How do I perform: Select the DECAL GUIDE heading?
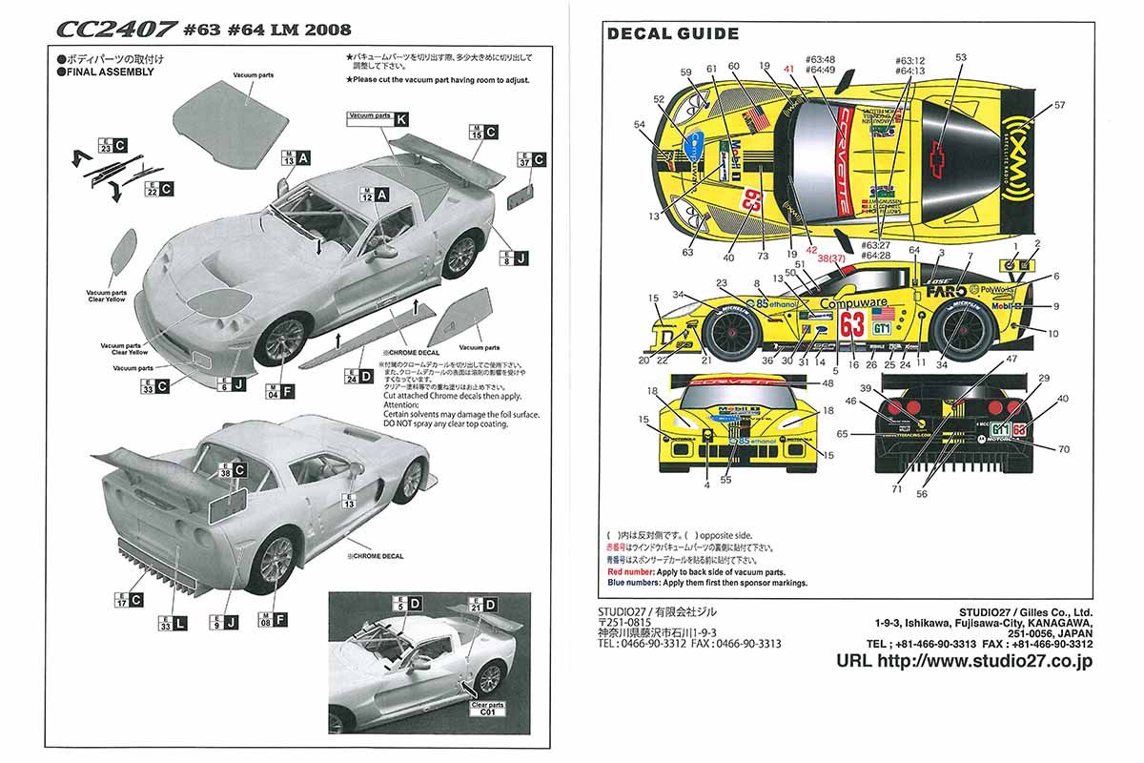point(673,34)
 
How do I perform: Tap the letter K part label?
point(401,118)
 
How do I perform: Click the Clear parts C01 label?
point(486,710)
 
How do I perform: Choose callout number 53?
point(960,58)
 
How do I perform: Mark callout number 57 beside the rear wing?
point(1059,105)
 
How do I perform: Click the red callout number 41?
point(788,69)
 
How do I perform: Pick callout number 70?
point(1064,448)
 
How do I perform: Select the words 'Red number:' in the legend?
point(636,570)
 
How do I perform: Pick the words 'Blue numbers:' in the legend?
point(639,583)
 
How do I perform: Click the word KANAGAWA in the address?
point(1053,622)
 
